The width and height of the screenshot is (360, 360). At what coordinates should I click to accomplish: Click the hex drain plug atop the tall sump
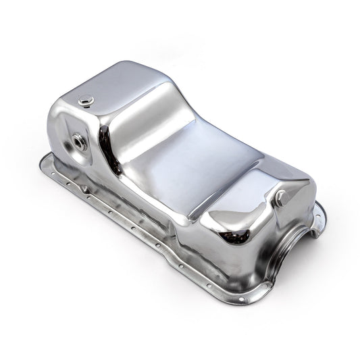(82, 102)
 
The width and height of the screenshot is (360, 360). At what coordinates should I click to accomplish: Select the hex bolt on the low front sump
(281, 198)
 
